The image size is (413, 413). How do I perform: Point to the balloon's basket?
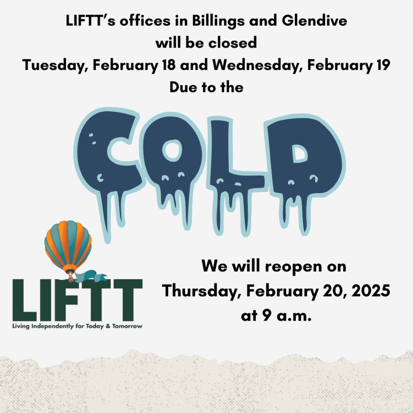coord(71,277)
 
